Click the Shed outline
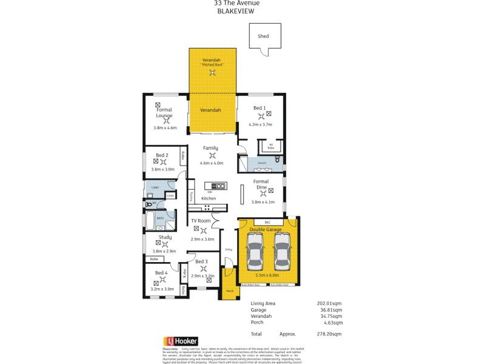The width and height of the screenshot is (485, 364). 265,36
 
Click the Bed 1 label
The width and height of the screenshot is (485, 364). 259,107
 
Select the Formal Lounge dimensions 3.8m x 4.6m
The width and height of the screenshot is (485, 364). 165,128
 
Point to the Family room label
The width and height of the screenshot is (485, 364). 210,148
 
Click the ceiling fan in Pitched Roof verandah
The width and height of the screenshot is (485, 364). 212,73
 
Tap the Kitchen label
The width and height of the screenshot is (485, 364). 209,198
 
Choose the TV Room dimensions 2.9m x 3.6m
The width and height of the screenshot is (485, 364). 202,240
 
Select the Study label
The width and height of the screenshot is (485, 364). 165,237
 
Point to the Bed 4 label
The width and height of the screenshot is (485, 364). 161,273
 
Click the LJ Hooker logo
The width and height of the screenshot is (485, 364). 181,342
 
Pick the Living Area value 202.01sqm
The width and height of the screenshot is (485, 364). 330,303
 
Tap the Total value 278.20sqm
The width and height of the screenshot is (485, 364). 330,334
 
